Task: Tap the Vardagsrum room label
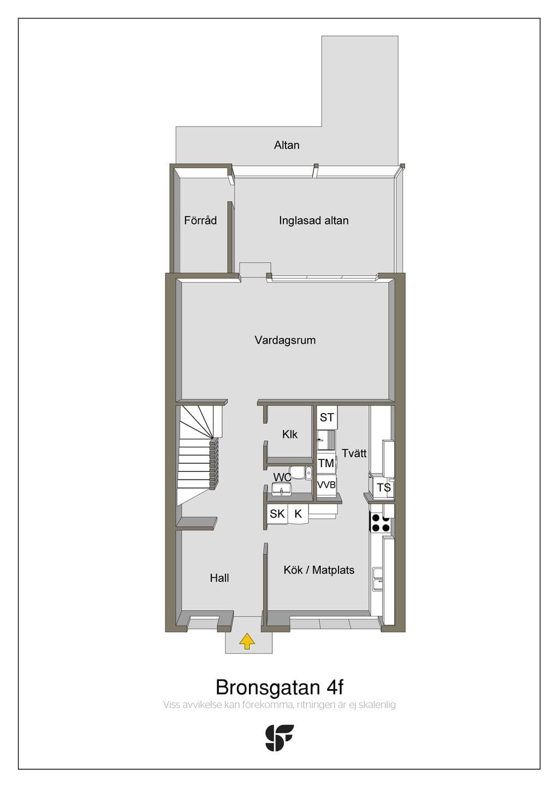click(285, 340)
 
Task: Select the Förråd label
click(200, 220)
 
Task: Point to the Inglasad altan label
click(314, 220)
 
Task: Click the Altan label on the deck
click(287, 145)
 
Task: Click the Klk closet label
click(290, 434)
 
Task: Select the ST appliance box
click(327, 417)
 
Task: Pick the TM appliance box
click(326, 463)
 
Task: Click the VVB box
click(326, 484)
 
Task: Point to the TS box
click(384, 488)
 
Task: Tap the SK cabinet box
click(277, 514)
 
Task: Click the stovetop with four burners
click(380, 523)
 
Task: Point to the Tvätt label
click(354, 453)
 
